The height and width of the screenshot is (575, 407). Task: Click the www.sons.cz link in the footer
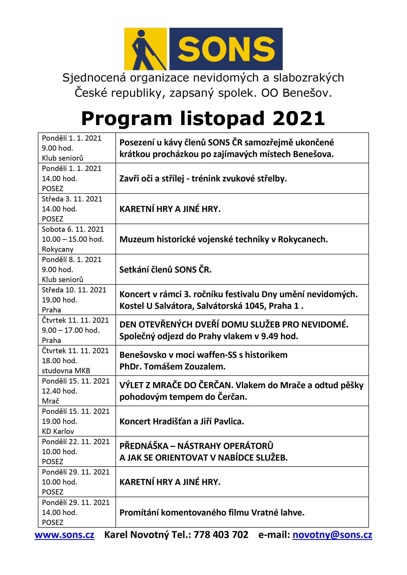click(x=64, y=535)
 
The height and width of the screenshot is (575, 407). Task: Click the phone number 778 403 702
click(x=221, y=535)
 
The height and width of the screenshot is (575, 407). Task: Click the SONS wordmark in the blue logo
click(x=226, y=49)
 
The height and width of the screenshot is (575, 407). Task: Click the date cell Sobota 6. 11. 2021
click(x=73, y=229)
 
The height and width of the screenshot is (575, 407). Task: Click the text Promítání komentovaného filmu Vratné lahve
click(x=212, y=513)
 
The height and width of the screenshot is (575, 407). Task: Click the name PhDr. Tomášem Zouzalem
click(x=172, y=367)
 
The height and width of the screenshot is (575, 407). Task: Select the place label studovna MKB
click(x=66, y=371)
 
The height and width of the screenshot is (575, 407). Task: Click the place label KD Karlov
click(x=58, y=431)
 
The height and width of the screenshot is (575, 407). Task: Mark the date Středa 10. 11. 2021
click(x=74, y=290)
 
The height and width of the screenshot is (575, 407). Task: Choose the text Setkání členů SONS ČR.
click(x=165, y=270)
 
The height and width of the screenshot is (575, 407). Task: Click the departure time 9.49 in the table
click(x=270, y=336)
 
